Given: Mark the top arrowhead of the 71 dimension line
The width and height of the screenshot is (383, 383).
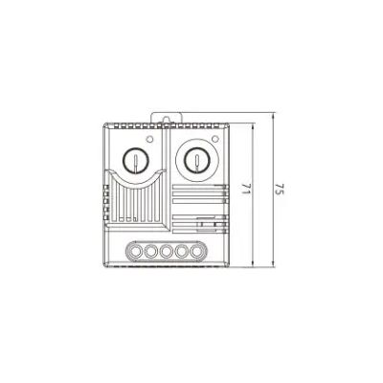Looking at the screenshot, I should click(x=252, y=127).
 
